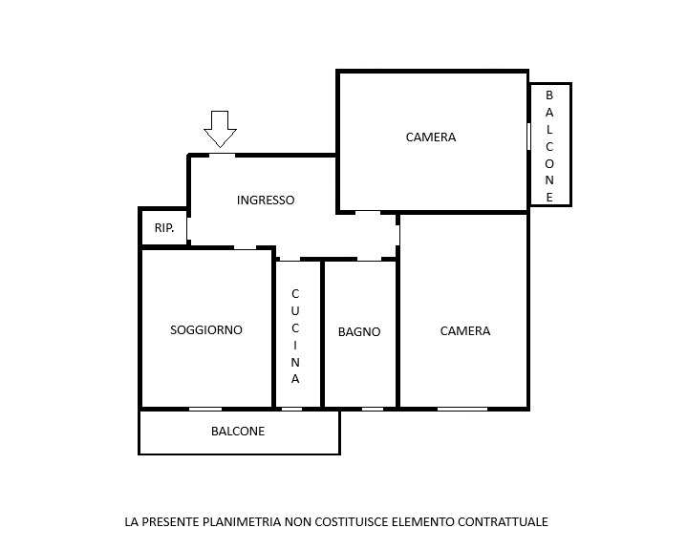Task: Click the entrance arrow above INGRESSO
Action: click(x=220, y=129)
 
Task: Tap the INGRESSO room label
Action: click(x=266, y=201)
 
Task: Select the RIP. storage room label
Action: click(x=164, y=227)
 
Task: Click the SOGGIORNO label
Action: click(x=206, y=329)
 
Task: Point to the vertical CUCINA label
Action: click(x=295, y=336)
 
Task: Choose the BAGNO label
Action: click(x=359, y=332)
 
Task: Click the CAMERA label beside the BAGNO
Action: click(x=465, y=331)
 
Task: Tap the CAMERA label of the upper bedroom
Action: click(x=431, y=137)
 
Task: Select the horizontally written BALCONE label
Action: click(x=238, y=432)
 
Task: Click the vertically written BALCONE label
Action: click(x=549, y=146)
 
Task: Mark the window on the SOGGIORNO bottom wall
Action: click(x=205, y=410)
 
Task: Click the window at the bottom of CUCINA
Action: click(x=291, y=410)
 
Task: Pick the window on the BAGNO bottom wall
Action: click(x=373, y=410)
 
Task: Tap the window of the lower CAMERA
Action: click(x=462, y=410)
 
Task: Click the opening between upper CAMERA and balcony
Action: click(x=528, y=137)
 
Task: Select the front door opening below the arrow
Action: click(x=222, y=156)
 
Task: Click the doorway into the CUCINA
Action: click(x=290, y=259)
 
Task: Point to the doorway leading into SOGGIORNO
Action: click(x=245, y=248)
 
